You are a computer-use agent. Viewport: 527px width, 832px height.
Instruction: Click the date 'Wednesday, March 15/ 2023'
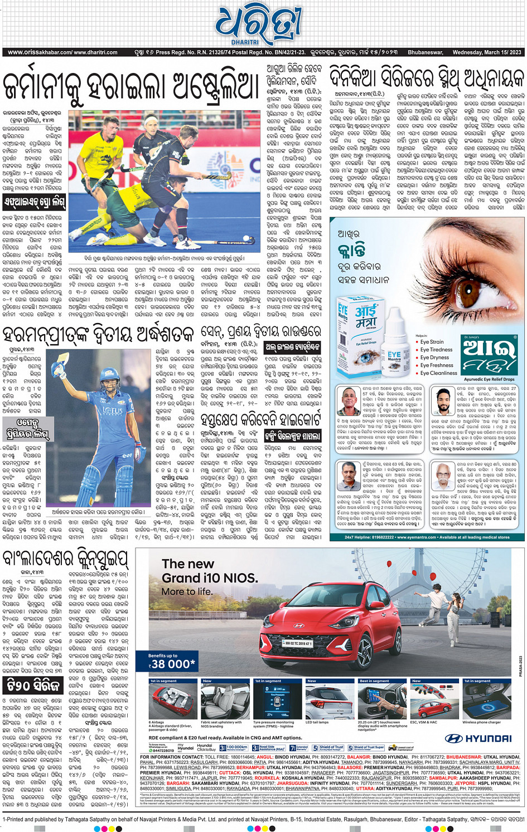click(x=487, y=52)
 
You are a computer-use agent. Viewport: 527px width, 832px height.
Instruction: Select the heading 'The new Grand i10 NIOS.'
click(x=209, y=571)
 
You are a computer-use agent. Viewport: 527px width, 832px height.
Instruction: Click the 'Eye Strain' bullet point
click(x=432, y=342)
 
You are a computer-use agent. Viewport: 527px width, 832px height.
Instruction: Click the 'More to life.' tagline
click(x=187, y=591)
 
